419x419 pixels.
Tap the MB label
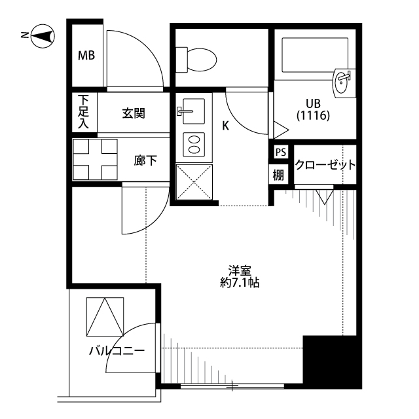click(x=86, y=56)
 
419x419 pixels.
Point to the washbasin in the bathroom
click(x=343, y=82)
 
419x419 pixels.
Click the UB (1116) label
click(x=312, y=109)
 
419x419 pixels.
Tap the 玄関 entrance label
click(x=133, y=113)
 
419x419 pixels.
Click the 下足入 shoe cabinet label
click(x=84, y=111)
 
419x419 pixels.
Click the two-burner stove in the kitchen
click(x=194, y=144)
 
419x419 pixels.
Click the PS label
click(x=280, y=153)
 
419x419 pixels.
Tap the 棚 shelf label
click(x=280, y=174)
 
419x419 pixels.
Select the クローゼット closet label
click(x=325, y=164)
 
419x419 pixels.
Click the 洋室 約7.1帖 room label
click(x=240, y=277)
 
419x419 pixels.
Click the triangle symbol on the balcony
click(x=105, y=317)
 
